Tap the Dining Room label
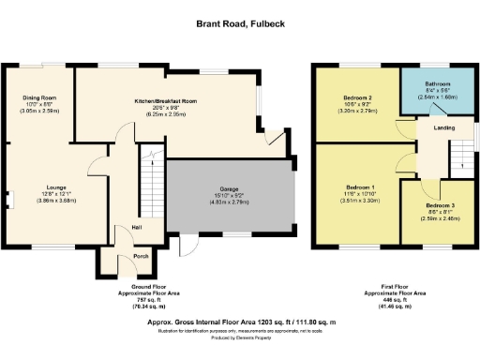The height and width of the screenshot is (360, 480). [40, 97]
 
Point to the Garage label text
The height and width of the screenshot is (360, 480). [229, 190]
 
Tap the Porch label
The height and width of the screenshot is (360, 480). [141, 256]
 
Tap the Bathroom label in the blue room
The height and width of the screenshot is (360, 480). [436, 83]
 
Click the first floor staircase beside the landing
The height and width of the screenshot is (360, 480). [460, 155]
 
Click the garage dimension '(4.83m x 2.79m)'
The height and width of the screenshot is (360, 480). [229, 202]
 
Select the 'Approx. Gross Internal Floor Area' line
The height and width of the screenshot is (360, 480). [241, 321]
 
